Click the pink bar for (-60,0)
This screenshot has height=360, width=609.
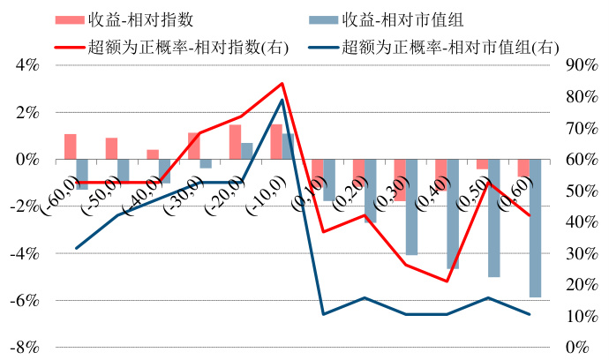tap(71, 147)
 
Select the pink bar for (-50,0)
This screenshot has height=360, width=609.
tap(112, 149)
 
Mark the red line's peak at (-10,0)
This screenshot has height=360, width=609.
tap(282, 84)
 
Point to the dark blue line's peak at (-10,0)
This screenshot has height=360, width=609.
tap(282, 100)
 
